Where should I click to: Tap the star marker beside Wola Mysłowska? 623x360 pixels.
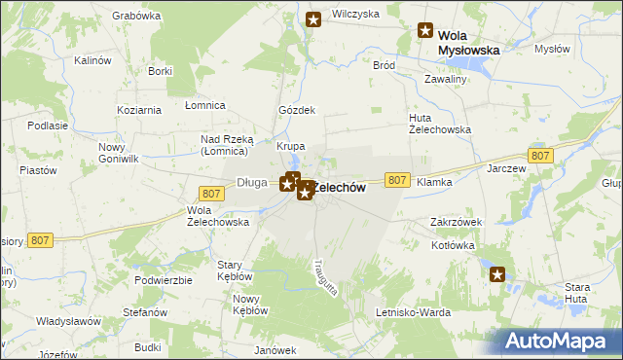[425, 30]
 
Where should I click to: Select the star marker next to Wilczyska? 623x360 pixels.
[313, 19]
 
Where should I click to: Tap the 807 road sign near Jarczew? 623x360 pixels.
[540, 156]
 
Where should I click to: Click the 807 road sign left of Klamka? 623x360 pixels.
[396, 180]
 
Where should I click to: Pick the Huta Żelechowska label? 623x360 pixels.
[439, 124]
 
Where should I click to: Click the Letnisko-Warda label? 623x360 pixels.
[414, 312]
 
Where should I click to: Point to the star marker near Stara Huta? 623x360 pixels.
[498, 275]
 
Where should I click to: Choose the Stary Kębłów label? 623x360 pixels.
[235, 270]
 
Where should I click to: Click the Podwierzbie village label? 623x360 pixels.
[164, 279]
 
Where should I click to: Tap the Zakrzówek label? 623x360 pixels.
[456, 222]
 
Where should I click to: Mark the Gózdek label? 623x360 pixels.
[297, 110]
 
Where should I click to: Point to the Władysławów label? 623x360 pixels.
[69, 321]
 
